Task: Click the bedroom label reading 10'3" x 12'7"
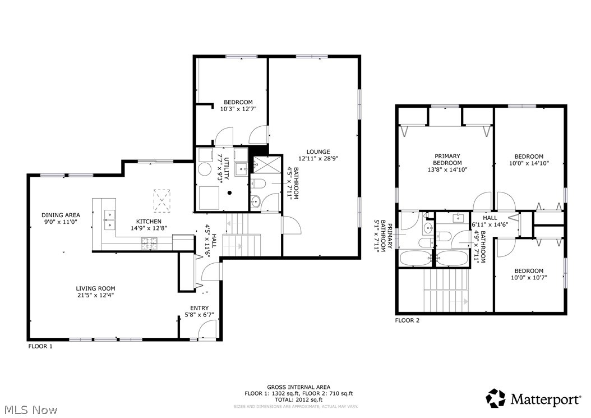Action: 238,105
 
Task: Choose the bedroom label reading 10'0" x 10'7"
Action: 528,274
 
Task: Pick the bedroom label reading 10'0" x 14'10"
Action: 529,160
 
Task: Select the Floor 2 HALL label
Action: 490,218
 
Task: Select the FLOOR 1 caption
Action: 40,346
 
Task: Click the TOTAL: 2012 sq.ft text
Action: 298,400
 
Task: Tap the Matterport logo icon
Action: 495,398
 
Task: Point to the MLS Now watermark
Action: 29,410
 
